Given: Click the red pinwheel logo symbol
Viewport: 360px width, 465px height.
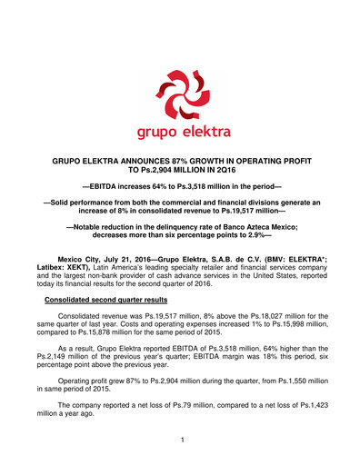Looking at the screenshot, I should click(x=180, y=93).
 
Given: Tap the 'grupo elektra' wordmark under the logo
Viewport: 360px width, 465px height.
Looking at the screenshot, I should click(x=180, y=133).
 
